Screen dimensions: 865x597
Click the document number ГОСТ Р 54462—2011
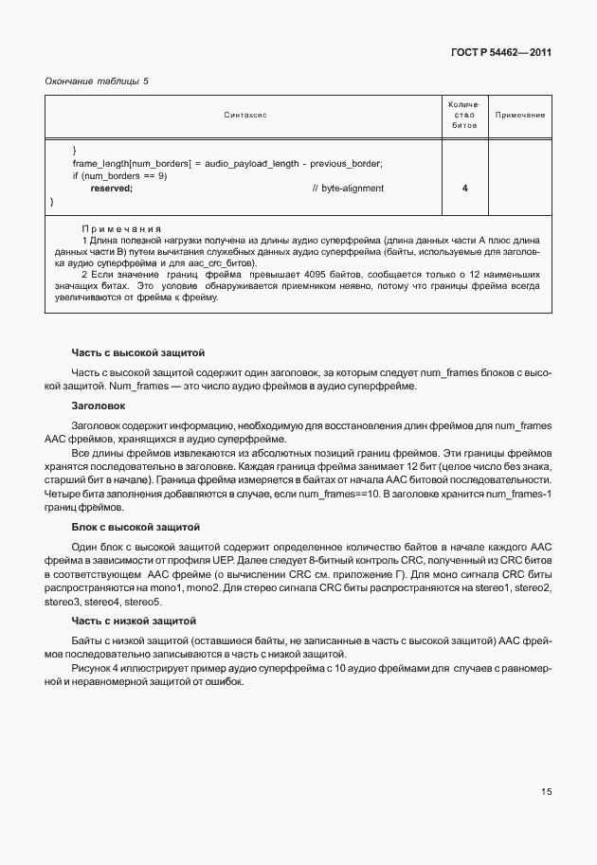pos(500,52)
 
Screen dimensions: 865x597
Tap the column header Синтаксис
pos(245,115)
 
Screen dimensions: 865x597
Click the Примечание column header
pos(520,115)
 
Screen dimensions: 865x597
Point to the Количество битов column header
pos(464,115)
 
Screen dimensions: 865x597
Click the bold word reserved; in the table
pos(111,189)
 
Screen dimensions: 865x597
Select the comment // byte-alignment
pos(348,189)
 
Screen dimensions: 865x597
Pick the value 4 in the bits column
pos(464,189)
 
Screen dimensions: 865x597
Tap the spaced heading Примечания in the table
pos(120,228)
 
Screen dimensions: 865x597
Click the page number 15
pos(546,792)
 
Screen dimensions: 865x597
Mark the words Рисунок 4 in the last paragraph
pos(95,669)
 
